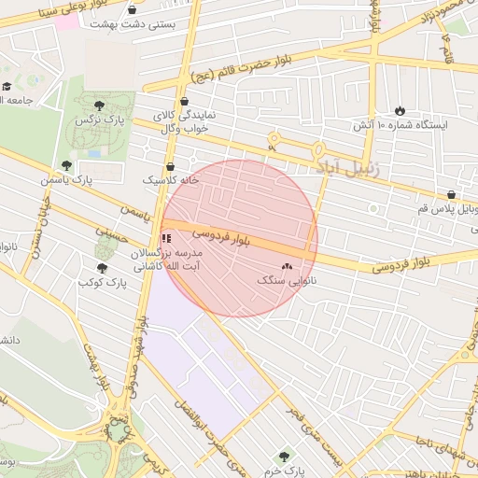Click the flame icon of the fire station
(401, 110)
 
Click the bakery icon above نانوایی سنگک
(287, 266)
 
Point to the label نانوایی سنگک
(287, 279)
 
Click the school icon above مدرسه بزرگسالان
(166, 239)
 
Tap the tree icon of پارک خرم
(285, 457)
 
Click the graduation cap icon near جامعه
(6, 87)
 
